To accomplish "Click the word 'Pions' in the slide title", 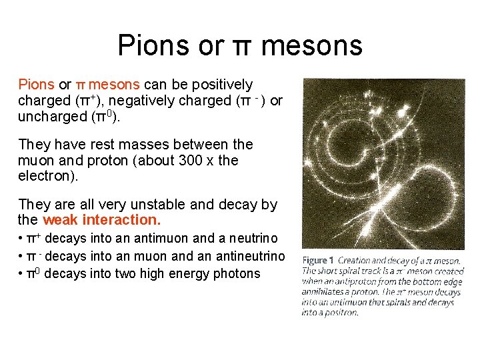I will pos(153,45).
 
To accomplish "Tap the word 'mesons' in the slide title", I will pos(311,45).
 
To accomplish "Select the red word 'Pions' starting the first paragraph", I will pos(37,85).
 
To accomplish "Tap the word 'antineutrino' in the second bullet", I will pos(247,256).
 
